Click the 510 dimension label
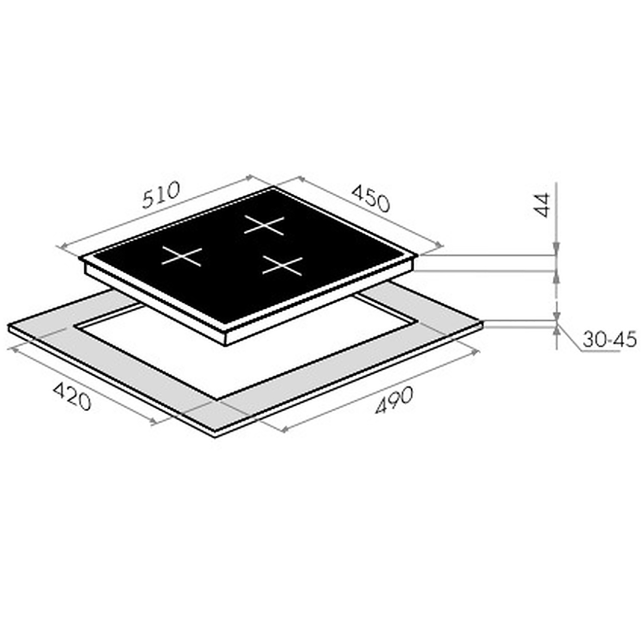(x=161, y=195)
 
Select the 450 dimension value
(x=370, y=199)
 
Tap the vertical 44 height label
(x=542, y=205)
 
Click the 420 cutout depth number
(x=72, y=396)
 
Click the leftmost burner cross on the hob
(x=181, y=256)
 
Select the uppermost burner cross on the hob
(x=264, y=225)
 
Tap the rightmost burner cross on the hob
(x=283, y=266)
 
